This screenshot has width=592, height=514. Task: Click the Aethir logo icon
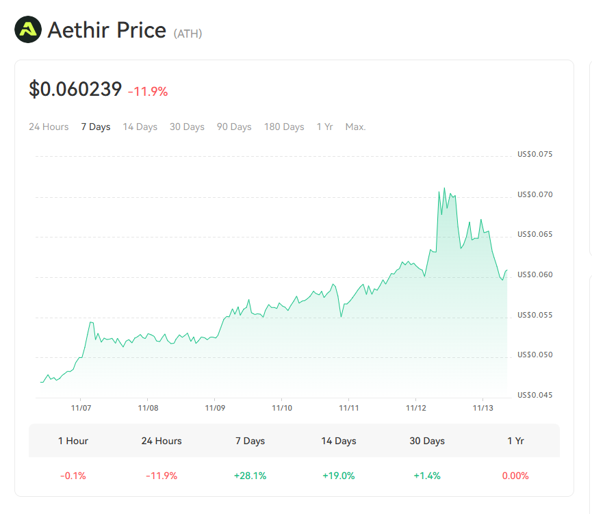click(x=28, y=30)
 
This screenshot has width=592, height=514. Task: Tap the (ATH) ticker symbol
click(x=188, y=34)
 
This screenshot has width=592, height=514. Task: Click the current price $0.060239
click(x=75, y=89)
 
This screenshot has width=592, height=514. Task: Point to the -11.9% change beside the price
click(x=148, y=91)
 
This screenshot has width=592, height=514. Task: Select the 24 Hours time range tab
click(x=49, y=127)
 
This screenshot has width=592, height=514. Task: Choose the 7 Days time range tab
click(x=96, y=127)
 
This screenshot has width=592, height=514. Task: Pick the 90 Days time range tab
click(x=234, y=127)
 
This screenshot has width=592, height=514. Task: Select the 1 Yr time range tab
click(x=324, y=127)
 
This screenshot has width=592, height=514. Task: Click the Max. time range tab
click(x=355, y=127)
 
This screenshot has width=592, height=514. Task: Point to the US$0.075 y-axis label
click(x=535, y=155)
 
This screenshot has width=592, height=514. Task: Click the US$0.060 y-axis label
click(x=535, y=275)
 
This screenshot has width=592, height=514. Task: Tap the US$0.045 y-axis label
click(x=535, y=395)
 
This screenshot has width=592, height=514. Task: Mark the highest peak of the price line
click(x=444, y=188)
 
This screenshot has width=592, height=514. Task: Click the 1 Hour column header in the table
click(x=73, y=441)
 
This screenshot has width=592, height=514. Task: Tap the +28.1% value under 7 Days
click(x=250, y=476)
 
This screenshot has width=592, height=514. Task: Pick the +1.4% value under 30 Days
click(x=427, y=476)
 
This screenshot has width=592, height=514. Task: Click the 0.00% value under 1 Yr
click(x=515, y=476)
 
